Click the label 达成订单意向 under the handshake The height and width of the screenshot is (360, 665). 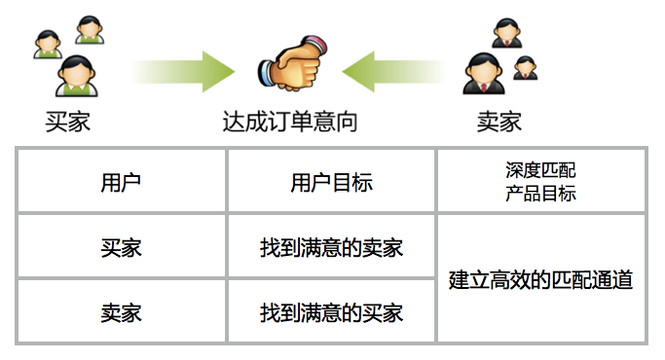289,122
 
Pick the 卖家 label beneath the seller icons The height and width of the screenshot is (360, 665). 499,122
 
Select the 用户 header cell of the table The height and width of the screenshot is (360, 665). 121,182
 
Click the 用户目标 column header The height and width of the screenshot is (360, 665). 331,182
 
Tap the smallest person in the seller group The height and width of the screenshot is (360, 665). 525,67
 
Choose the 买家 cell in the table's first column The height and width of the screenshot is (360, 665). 121,247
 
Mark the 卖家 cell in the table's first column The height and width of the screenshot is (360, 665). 121,312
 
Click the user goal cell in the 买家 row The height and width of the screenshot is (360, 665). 331,247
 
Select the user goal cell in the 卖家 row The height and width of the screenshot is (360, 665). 331,312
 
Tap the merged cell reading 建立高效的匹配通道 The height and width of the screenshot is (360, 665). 540,280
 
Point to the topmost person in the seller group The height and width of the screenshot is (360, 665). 505,33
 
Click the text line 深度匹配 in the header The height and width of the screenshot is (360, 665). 540,171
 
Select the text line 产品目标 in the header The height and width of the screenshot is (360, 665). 540,193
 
